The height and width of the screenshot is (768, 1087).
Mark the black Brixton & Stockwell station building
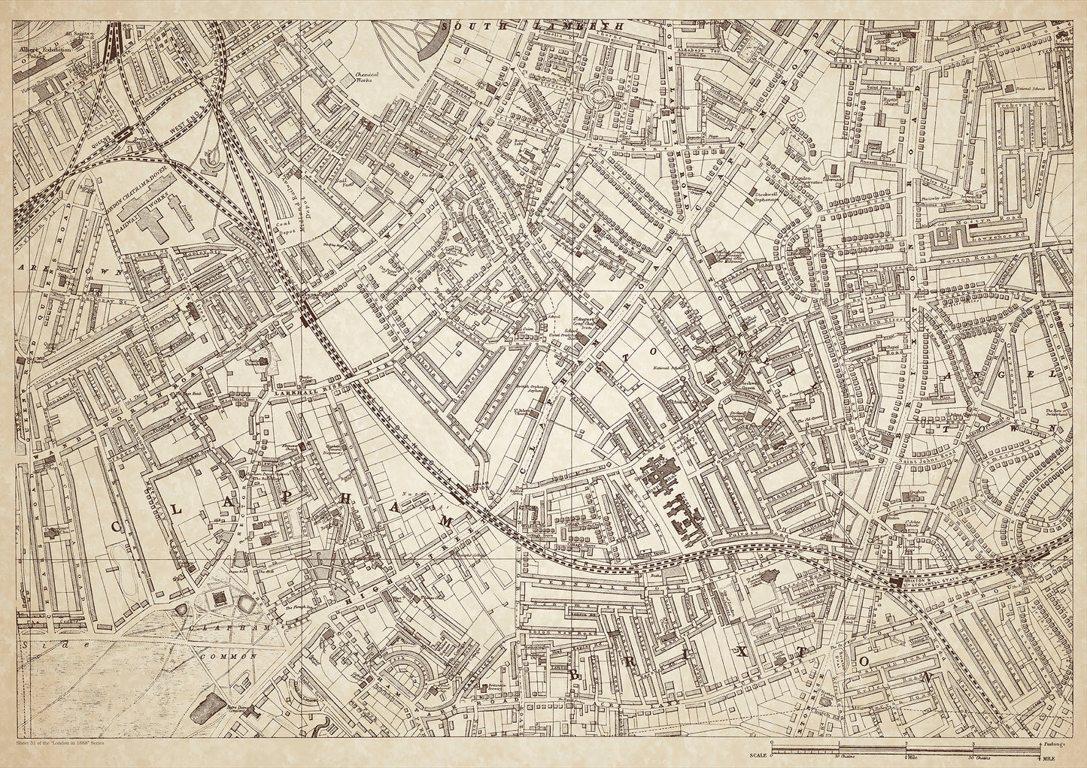pyautogui.click(x=895, y=584)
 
